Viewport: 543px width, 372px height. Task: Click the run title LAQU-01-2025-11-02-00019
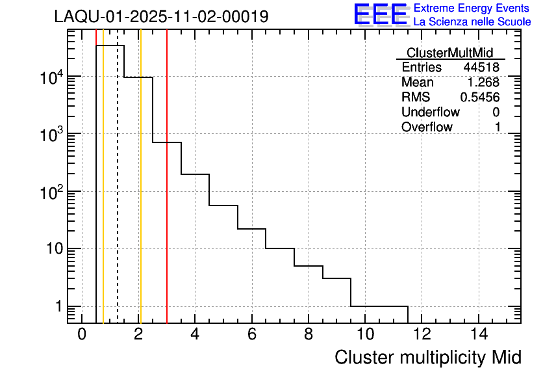coord(161,17)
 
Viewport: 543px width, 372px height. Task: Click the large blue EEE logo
coord(380,14)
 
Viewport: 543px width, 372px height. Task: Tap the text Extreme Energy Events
coord(472,8)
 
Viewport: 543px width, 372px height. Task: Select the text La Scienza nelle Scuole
coord(472,21)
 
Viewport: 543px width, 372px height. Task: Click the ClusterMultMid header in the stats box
coord(449,53)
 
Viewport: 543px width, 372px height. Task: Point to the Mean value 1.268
coord(484,83)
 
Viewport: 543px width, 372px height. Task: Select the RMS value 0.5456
coord(480,98)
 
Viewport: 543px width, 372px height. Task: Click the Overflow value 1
coord(498,127)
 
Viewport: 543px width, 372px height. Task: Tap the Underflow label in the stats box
coord(427,113)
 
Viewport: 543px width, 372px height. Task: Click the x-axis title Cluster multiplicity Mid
coord(427,357)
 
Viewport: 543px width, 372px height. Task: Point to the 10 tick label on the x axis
coord(365,334)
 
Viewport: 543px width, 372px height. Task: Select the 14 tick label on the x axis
coord(479,334)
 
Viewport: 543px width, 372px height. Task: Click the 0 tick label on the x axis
coord(82,334)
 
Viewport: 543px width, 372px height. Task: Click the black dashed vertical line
coord(118,195)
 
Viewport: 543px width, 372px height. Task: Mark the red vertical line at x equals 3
coord(167,195)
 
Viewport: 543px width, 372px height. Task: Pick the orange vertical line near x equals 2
coord(140,195)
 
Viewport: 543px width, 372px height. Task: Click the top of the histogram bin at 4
coord(195,174)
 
